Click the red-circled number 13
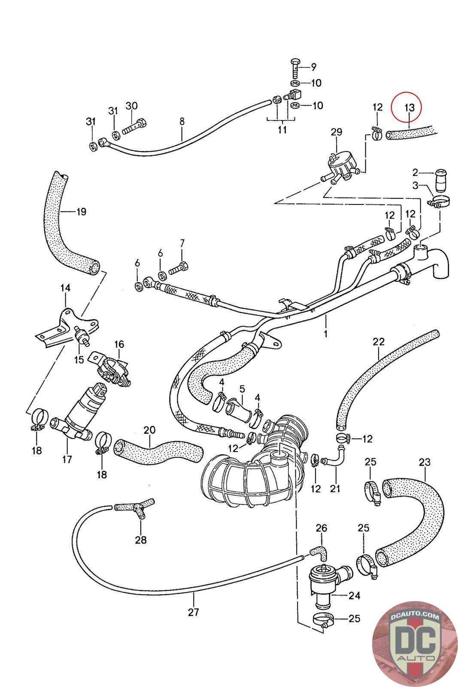[x=409, y=107]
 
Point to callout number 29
[x=336, y=132]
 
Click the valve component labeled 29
[x=340, y=168]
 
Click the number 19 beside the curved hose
[x=81, y=211]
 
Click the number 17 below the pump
[x=67, y=459]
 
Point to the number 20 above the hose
[x=150, y=430]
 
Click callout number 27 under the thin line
[x=194, y=612]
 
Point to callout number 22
[x=379, y=341]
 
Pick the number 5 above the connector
[x=242, y=389]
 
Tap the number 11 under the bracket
[x=282, y=129]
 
